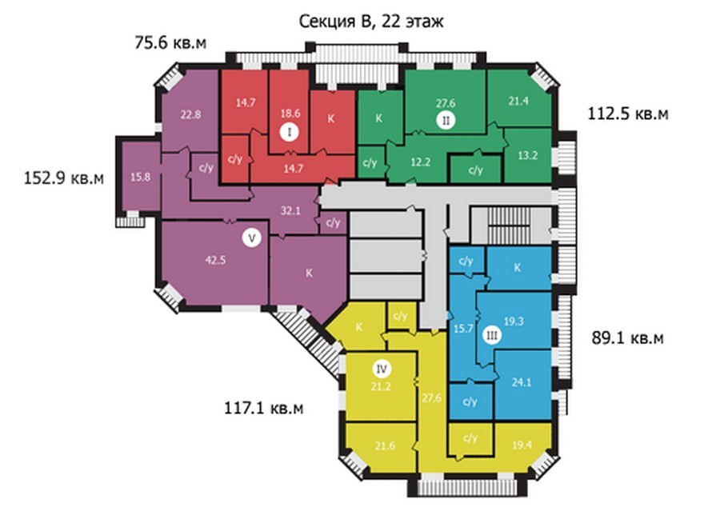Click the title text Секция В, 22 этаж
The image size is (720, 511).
[371, 22]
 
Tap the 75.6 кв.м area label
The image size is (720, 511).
[170, 42]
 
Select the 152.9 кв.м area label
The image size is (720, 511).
[64, 178]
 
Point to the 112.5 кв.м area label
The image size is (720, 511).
[628, 114]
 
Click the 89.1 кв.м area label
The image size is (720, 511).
[627, 338]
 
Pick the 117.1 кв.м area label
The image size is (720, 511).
[263, 408]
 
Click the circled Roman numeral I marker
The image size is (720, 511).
[290, 132]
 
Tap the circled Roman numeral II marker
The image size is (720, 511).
[446, 121]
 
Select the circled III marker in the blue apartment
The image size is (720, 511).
[492, 336]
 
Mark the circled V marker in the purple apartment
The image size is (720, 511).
[251, 238]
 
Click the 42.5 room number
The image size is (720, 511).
[215, 260]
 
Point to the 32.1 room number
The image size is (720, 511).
[290, 211]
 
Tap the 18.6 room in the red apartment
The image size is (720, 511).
[290, 113]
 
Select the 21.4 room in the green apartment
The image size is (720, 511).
[518, 101]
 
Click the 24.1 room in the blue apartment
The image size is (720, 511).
[522, 382]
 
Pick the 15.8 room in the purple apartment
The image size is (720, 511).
[140, 177]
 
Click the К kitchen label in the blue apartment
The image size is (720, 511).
[518, 267]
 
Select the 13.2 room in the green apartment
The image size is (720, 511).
[528, 155]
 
